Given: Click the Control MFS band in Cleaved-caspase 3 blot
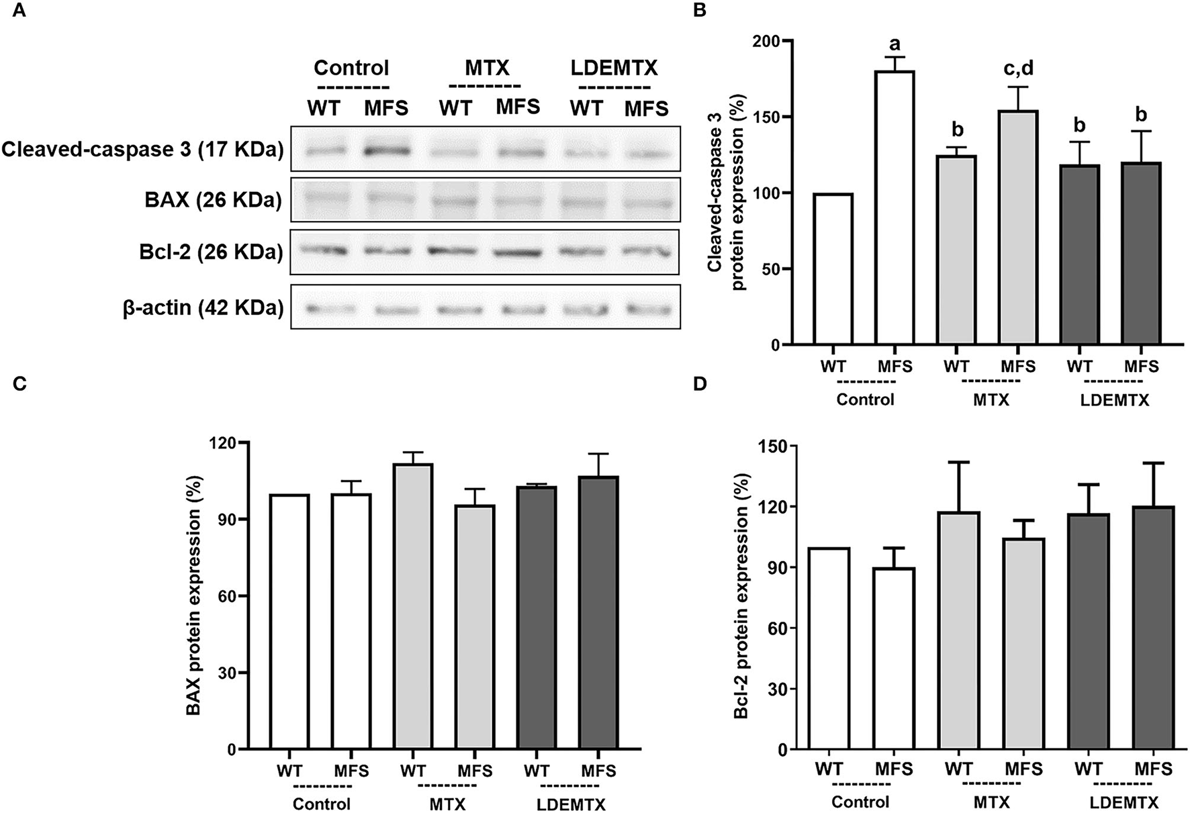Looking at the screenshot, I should (386, 151).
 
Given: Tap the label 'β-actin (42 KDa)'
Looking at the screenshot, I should (203, 308).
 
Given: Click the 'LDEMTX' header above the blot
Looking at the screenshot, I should (614, 68).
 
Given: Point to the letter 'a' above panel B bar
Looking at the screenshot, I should (895, 44).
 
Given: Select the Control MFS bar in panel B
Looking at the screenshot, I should (895, 208).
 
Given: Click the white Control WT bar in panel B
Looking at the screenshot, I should (833, 269).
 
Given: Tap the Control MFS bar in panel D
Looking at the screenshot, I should (894, 658).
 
